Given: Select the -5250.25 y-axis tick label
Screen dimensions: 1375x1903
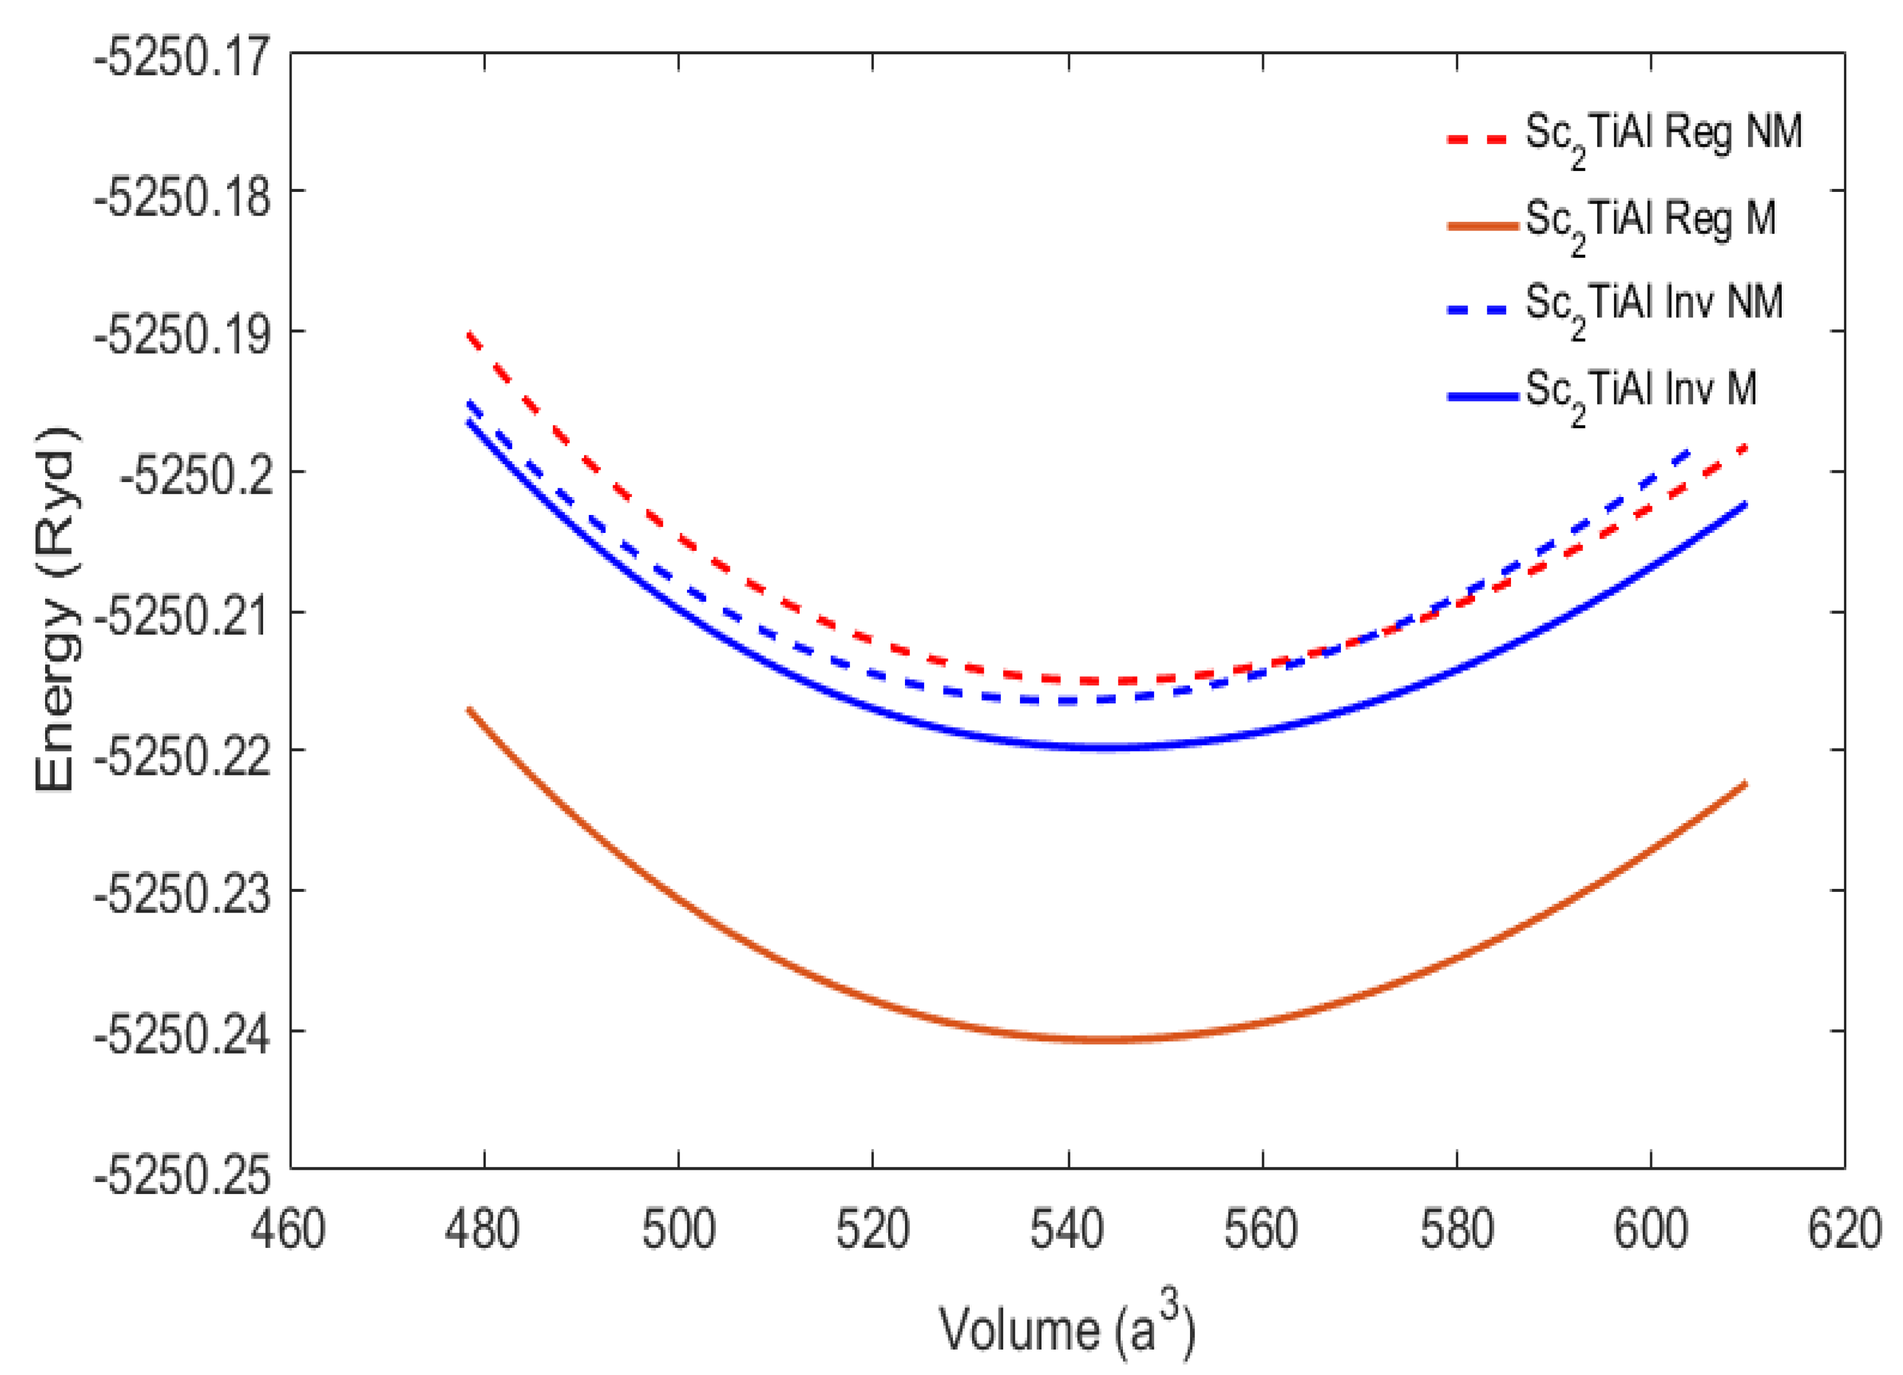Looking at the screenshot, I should tap(183, 1174).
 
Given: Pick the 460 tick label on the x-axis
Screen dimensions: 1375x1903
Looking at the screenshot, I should tap(289, 1230).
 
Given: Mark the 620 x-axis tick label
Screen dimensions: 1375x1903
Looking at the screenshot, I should tap(1844, 1230).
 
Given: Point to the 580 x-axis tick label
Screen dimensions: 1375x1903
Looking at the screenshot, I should tap(1456, 1230).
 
